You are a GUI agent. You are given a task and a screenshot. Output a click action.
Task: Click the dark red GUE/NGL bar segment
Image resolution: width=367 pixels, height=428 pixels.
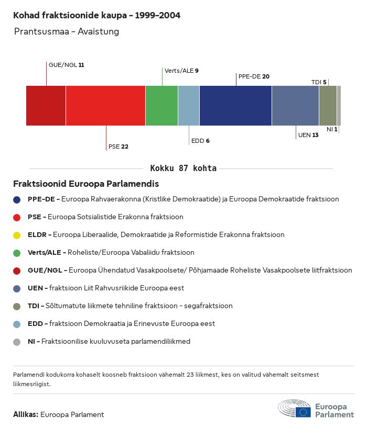point(46,106)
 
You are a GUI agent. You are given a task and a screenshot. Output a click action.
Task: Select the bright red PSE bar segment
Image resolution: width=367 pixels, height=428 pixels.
point(105,106)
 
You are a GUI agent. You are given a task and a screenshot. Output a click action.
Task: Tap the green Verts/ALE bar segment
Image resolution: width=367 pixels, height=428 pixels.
point(161,106)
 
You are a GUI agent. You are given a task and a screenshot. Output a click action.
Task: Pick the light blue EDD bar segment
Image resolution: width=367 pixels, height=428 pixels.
point(189,106)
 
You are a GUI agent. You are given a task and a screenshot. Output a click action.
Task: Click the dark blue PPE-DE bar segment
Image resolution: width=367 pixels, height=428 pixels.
point(235,106)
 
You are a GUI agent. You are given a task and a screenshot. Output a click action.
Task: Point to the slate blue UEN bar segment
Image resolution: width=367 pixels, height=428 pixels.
point(295,106)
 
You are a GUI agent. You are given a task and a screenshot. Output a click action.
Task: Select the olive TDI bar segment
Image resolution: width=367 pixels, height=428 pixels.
point(328,106)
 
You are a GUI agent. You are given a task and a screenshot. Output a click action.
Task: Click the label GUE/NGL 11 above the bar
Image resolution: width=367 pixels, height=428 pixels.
point(66,65)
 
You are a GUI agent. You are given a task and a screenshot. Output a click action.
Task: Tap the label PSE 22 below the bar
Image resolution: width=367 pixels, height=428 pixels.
point(118,147)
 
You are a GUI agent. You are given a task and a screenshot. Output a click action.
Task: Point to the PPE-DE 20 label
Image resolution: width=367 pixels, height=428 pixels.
point(254,76)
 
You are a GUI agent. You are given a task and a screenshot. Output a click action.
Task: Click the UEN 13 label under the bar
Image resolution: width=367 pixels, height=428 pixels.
point(308,135)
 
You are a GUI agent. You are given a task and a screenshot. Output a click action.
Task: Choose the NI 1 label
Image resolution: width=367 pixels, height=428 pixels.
point(332,129)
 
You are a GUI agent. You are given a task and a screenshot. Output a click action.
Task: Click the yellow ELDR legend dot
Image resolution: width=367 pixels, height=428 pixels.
point(17,235)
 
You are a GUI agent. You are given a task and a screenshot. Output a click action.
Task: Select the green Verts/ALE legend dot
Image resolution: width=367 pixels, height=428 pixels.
point(17,253)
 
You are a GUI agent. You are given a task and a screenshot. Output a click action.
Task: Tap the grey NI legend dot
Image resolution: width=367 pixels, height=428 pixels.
point(17,342)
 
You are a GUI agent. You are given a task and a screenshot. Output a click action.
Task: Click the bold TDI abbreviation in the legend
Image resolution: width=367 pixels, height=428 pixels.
point(34,306)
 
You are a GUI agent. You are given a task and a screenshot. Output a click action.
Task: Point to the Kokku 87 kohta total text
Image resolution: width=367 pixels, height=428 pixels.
point(183,168)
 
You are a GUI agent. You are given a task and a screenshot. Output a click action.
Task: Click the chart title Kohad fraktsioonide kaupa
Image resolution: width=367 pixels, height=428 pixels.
point(96,16)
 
